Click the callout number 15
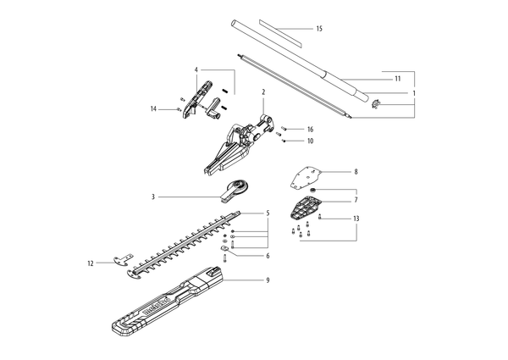[319, 29]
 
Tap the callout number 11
[398, 79]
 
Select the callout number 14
[153, 109]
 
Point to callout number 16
[310, 130]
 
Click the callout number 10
[310, 141]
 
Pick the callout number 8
[356, 172]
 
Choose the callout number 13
[356, 219]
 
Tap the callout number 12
[91, 263]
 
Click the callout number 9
[268, 280]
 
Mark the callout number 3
[153, 197]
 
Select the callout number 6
[268, 256]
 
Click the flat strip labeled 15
[280, 34]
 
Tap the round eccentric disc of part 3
[241, 187]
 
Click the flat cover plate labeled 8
[305, 178]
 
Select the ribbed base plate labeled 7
[304, 208]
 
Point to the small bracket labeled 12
[123, 259]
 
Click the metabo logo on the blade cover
[157, 306]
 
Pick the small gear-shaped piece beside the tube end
[376, 104]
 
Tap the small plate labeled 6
[224, 249]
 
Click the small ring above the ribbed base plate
[313, 191]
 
